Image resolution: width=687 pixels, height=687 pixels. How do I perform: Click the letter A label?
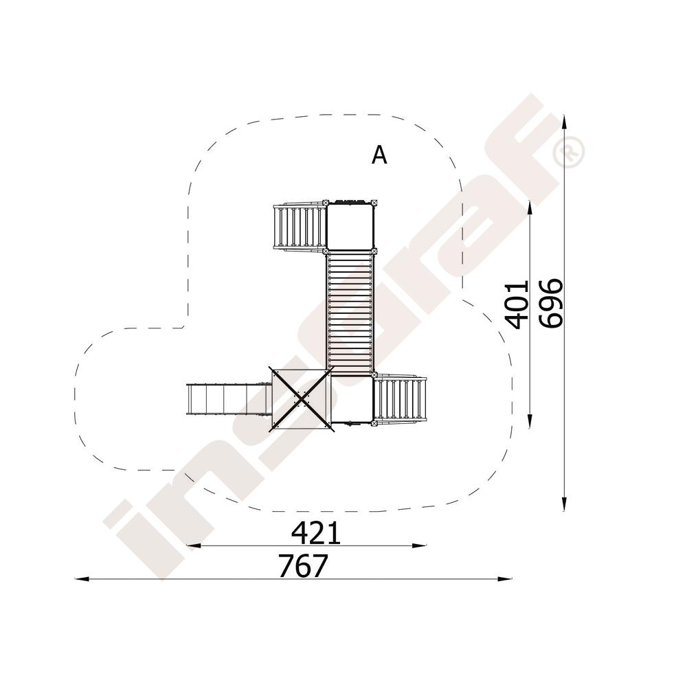pos(379,155)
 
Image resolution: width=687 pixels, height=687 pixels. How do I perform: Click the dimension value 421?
pos(316,533)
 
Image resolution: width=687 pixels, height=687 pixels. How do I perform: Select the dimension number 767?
pos(303,566)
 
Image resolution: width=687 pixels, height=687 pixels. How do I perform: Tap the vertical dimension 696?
pos(551,303)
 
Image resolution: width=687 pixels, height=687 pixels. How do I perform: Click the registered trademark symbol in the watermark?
pos(569,151)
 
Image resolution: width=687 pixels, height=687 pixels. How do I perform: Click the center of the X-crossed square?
pos(301,398)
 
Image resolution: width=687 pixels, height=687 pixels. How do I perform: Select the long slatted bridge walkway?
pos(350,313)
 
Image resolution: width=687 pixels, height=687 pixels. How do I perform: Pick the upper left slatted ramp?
pos(300,227)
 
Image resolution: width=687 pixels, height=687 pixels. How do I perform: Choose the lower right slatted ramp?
pos(400,399)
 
